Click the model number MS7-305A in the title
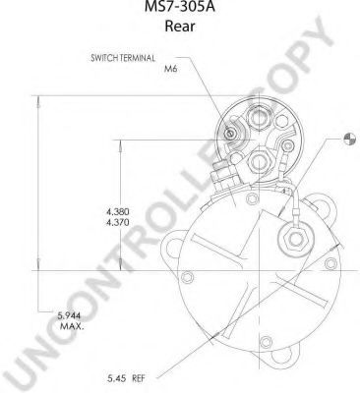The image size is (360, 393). [x=180, y=6]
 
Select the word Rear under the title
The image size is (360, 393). [x=180, y=26]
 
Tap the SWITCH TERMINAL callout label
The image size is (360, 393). [x=123, y=58]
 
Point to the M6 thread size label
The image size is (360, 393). [x=170, y=69]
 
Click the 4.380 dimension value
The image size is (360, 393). [x=118, y=211]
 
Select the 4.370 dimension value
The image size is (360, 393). [x=118, y=223]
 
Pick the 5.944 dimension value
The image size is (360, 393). [x=69, y=315]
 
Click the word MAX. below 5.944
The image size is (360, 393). [x=72, y=326]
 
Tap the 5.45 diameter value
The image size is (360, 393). [x=117, y=379]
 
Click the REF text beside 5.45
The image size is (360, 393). [x=138, y=379]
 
